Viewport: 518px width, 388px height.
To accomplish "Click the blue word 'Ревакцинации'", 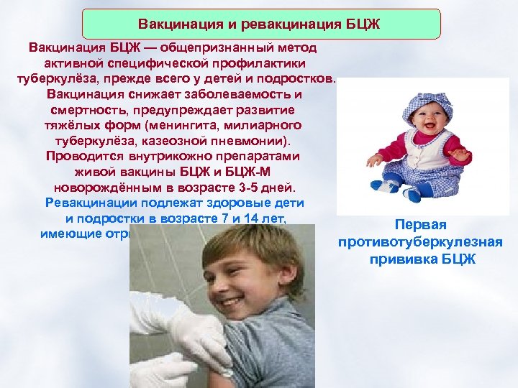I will point(90,203).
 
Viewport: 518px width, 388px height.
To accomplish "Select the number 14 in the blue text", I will point(248,218).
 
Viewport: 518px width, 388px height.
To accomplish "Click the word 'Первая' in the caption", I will point(420,225).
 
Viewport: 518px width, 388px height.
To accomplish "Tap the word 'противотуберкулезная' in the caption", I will point(420,242).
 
